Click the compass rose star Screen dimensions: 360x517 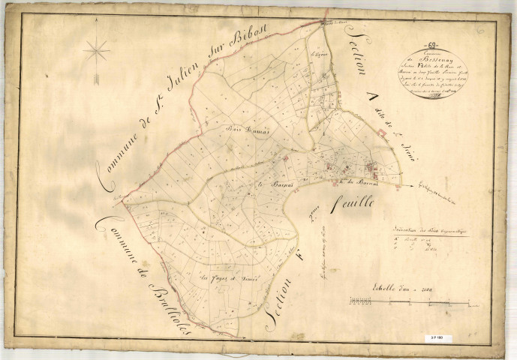point(96,52)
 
